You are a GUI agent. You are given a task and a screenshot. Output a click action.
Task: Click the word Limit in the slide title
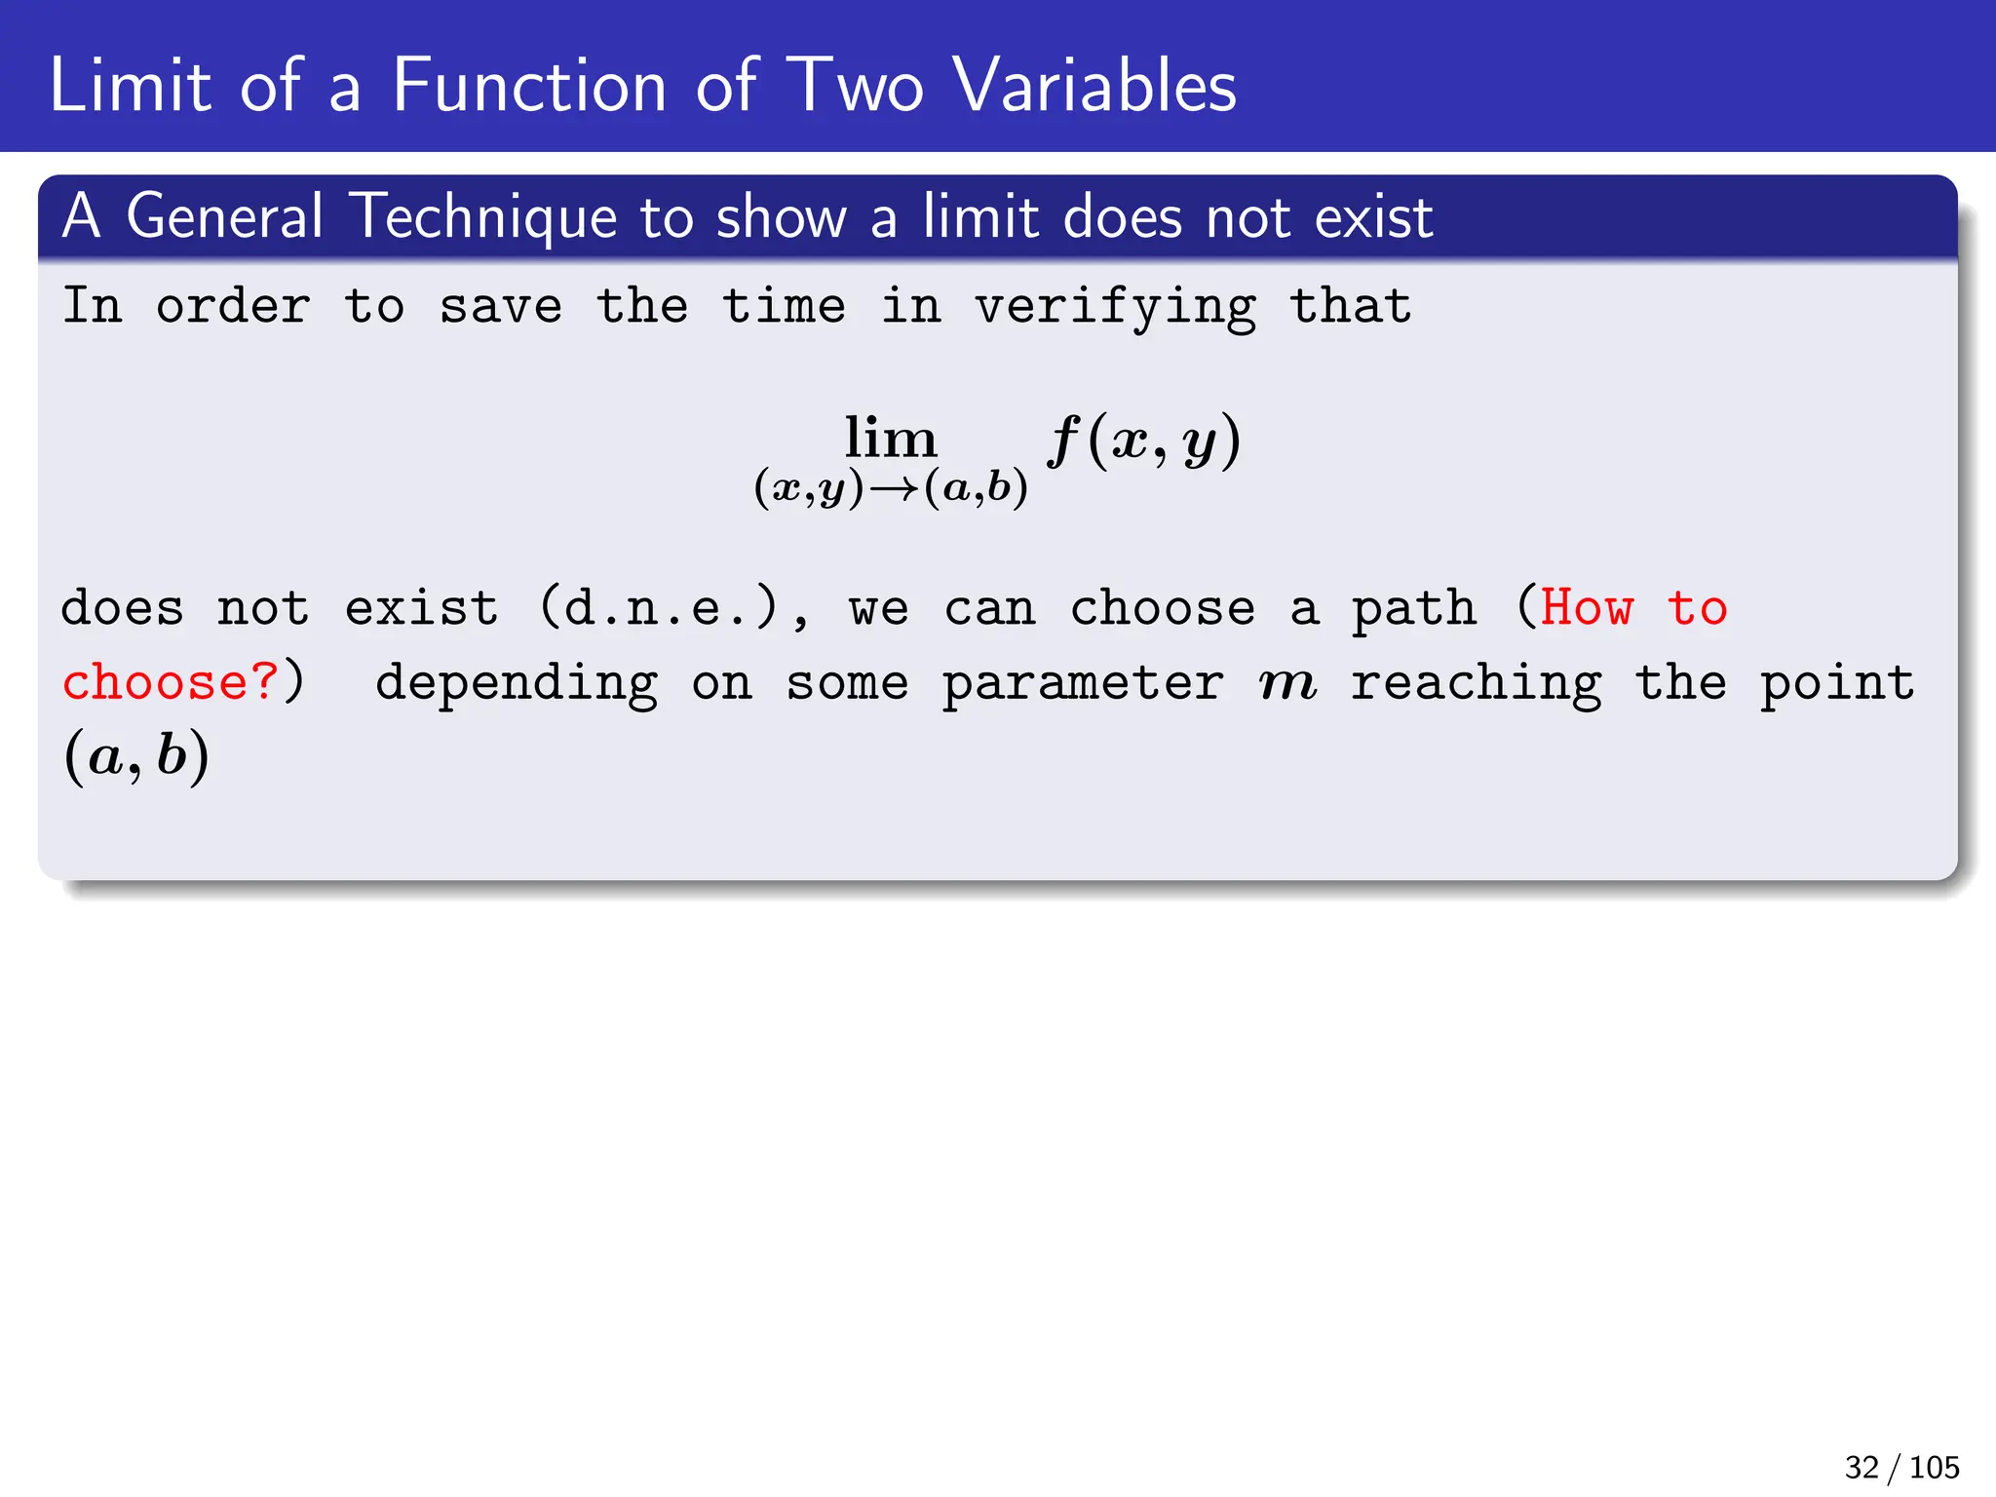130,86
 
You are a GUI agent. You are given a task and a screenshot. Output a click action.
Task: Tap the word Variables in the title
1094,86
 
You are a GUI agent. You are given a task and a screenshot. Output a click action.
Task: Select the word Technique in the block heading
484,216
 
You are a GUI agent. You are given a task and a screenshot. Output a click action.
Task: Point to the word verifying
1115,308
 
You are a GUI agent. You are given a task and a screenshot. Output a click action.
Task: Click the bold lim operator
890,439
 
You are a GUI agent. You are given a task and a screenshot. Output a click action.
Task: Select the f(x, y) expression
1144,441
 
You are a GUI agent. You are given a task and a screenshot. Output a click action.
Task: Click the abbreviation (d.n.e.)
660,609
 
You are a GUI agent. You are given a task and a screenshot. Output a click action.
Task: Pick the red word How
1586,609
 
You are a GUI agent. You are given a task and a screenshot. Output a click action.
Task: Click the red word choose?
171,682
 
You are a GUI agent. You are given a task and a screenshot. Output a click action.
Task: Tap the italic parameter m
1287,682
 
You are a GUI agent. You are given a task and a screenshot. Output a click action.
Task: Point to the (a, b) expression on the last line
136,756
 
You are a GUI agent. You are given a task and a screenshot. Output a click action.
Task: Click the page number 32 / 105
1901,1467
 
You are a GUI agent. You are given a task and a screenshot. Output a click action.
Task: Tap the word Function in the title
529,86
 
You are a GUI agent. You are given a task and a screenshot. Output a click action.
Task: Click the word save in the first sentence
501,308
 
